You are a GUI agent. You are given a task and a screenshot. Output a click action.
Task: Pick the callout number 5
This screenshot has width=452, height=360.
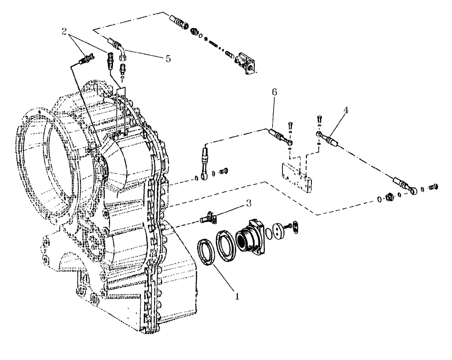click(168, 59)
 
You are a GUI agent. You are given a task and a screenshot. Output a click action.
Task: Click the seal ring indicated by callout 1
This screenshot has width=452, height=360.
click(207, 254)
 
